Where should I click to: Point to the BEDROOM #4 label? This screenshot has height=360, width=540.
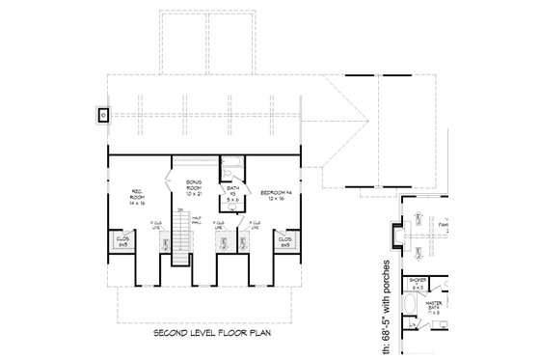point(274,193)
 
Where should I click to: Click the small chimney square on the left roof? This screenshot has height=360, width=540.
point(103,114)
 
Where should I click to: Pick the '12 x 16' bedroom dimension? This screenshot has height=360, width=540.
point(274,201)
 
